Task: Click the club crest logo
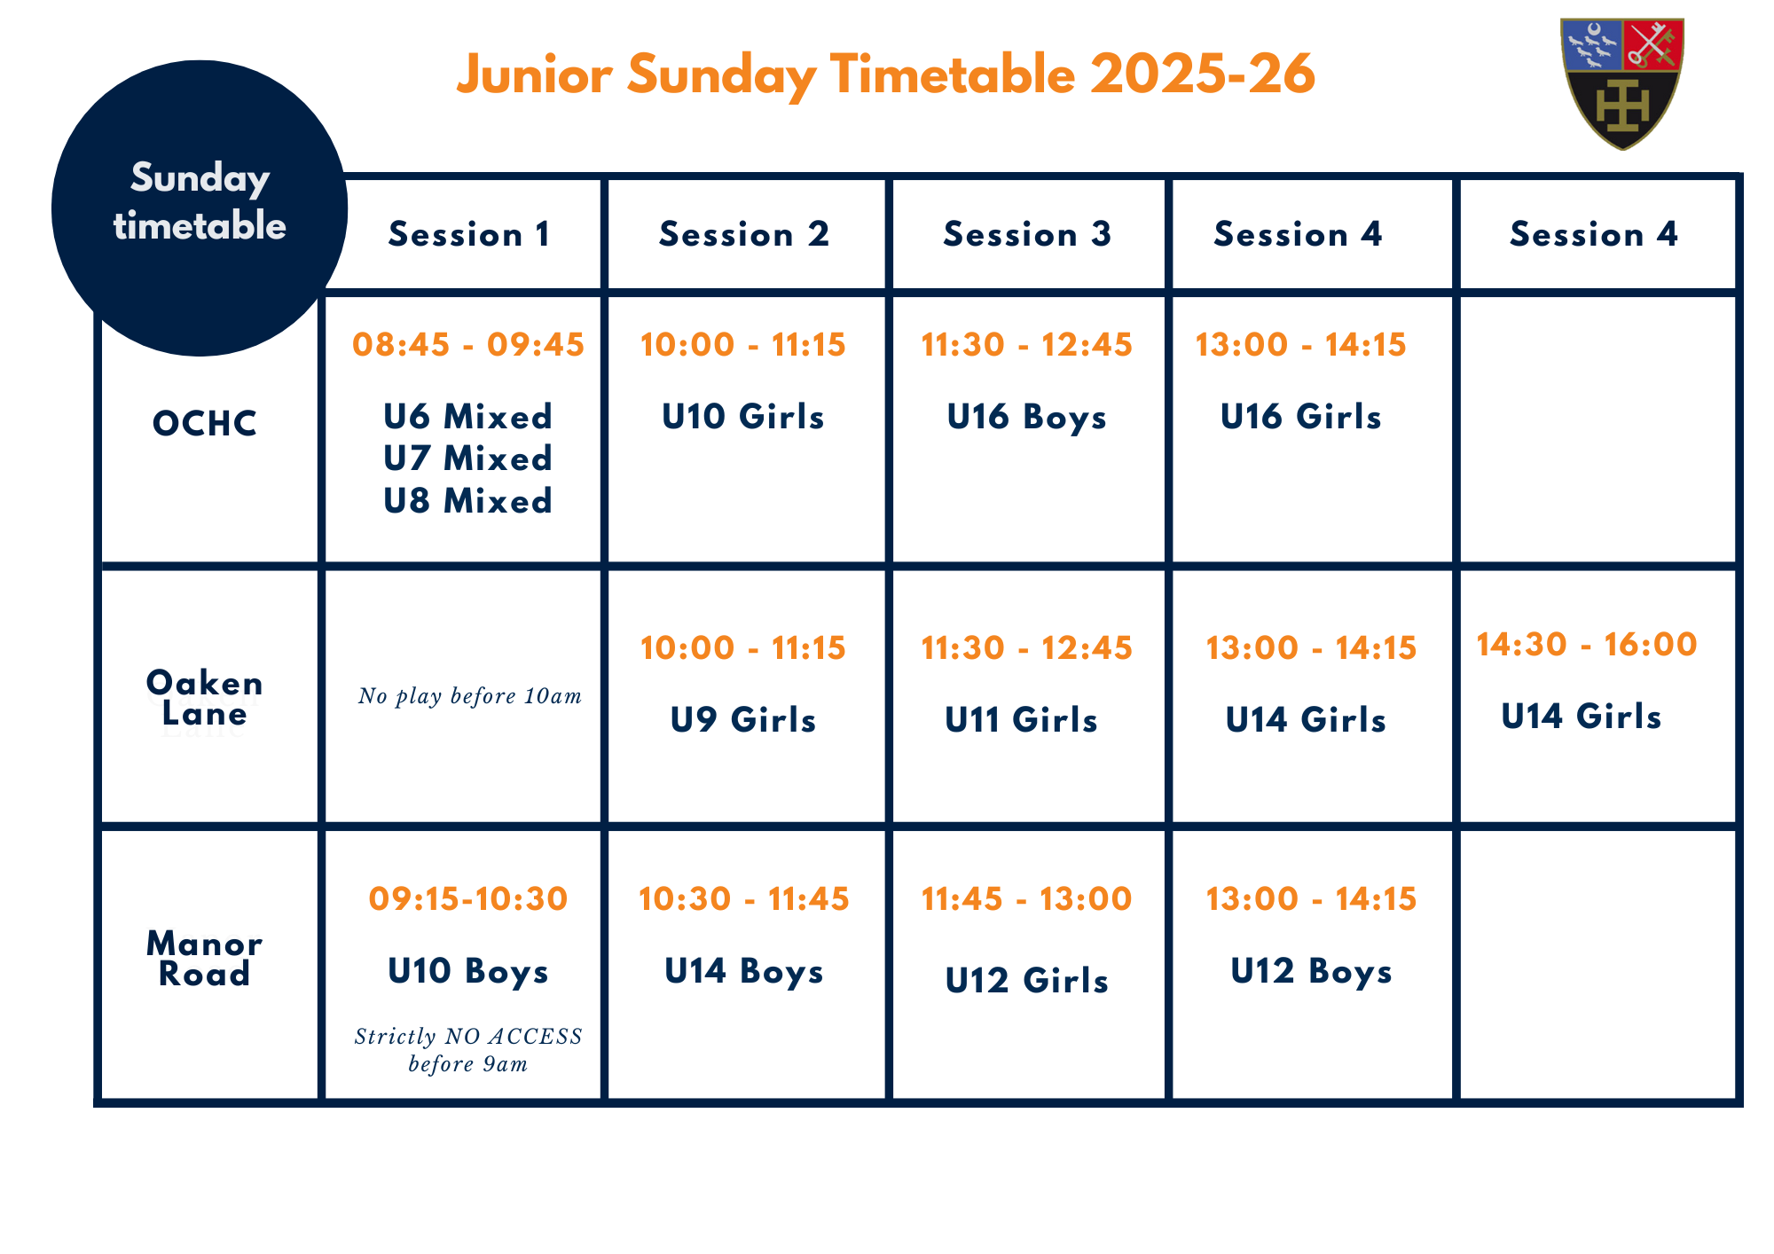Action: tap(1622, 84)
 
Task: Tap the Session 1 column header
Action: tap(469, 234)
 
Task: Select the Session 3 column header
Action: tap(1027, 234)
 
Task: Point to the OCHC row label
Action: tap(205, 424)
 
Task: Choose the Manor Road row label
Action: tap(205, 959)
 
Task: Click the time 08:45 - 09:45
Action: tap(468, 344)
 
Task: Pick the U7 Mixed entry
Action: tap(468, 458)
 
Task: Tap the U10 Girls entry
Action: tap(743, 417)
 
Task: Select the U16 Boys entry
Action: tap(1027, 417)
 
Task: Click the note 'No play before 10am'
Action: tap(470, 696)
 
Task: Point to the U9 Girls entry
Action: tap(743, 720)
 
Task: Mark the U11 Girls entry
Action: tap(1022, 720)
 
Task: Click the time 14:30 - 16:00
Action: tap(1587, 644)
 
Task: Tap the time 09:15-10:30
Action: tap(468, 898)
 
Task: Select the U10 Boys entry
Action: tap(468, 971)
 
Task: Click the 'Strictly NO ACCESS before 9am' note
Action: tap(468, 1050)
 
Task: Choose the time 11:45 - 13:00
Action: tap(1027, 898)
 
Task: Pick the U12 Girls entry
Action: tap(1027, 981)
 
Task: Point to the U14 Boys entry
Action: tap(744, 971)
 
